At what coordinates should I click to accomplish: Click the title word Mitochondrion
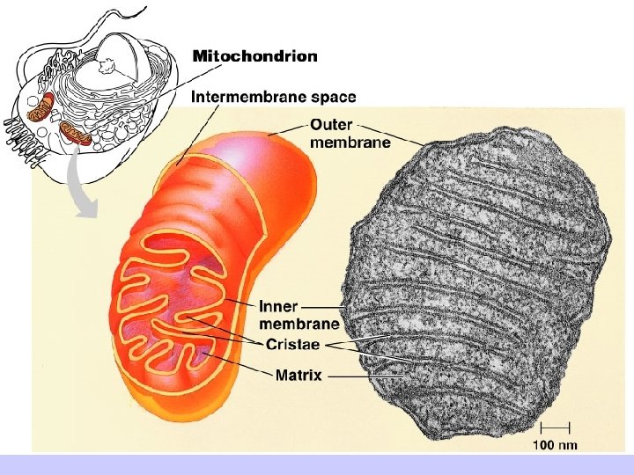pos(254,55)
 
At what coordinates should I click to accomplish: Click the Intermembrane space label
pos(274,96)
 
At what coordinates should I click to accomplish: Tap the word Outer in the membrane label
pos(332,126)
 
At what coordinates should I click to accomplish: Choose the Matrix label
pos(299,376)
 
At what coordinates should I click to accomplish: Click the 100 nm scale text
pos(556,444)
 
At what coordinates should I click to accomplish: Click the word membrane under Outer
pos(350,142)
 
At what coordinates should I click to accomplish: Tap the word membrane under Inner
pos(299,323)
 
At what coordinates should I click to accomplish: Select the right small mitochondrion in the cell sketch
pos(76,134)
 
